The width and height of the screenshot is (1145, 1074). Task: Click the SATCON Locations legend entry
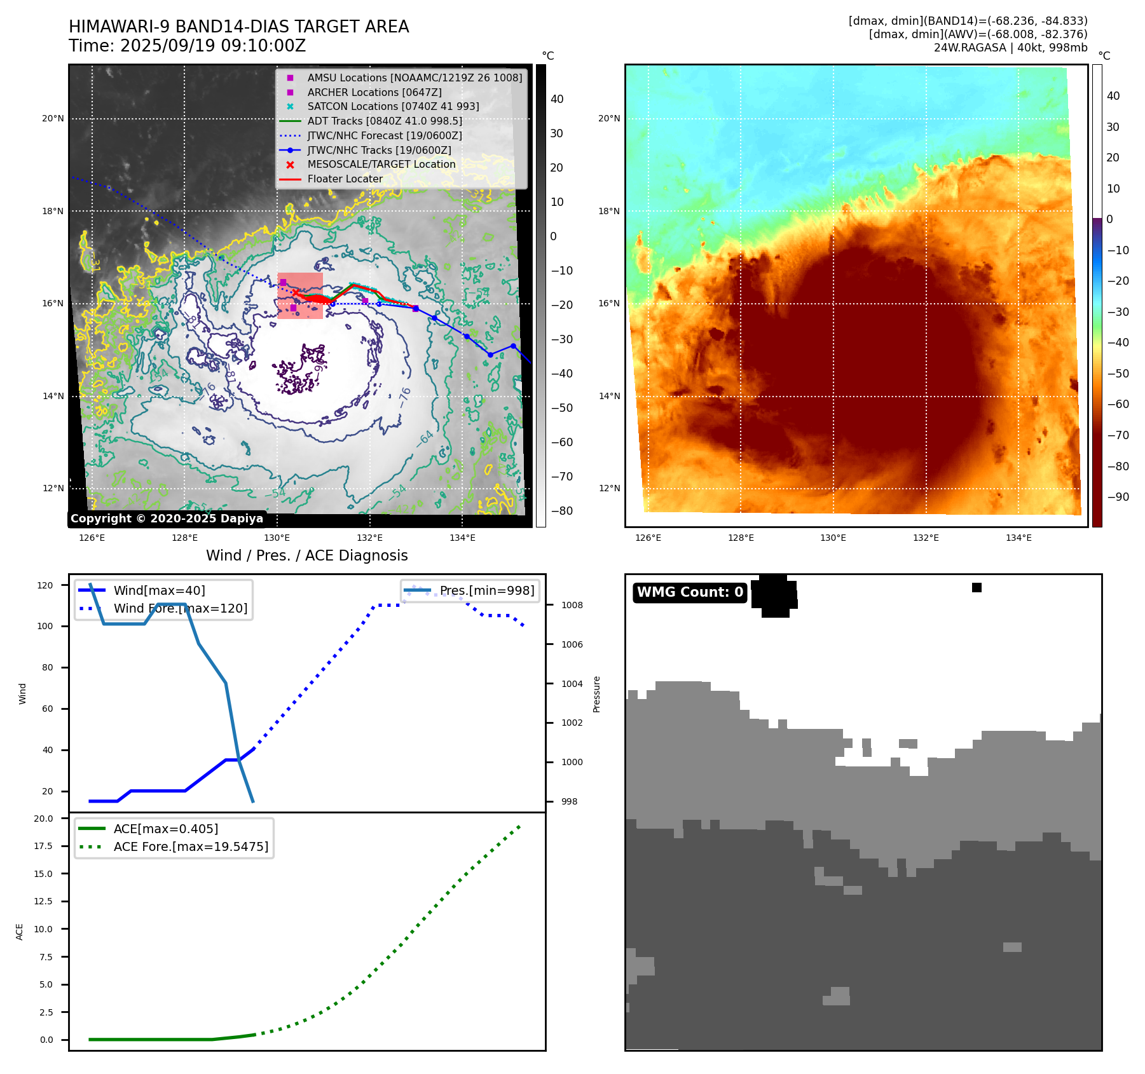[393, 107]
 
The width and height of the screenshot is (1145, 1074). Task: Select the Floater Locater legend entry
[345, 179]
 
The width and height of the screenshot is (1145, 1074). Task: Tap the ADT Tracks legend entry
[385, 121]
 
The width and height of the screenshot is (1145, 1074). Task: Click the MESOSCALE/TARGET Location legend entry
[381, 165]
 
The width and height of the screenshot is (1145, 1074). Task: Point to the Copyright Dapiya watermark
[167, 519]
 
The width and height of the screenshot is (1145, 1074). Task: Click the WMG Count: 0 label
[690, 592]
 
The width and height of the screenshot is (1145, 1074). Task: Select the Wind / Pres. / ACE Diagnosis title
[306, 555]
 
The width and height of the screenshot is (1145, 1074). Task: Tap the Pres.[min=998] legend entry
[487, 591]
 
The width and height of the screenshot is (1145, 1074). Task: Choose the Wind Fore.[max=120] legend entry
[180, 609]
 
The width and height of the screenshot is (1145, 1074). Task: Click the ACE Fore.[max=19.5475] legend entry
[191, 847]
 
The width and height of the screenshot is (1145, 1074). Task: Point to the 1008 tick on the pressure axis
[572, 606]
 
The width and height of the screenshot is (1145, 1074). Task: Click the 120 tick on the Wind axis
[45, 585]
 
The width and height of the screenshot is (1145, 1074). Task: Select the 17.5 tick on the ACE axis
[43, 846]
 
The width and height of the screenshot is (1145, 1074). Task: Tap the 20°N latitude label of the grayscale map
[53, 119]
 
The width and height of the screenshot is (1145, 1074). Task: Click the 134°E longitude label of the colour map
[1018, 538]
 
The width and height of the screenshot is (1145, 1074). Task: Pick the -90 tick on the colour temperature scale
[1118, 497]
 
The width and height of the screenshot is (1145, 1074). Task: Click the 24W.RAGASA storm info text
[1010, 48]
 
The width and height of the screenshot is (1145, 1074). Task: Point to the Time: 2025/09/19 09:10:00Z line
[188, 46]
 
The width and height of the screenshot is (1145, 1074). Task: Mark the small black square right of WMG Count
[977, 588]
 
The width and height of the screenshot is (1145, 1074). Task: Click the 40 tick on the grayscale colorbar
[557, 99]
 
